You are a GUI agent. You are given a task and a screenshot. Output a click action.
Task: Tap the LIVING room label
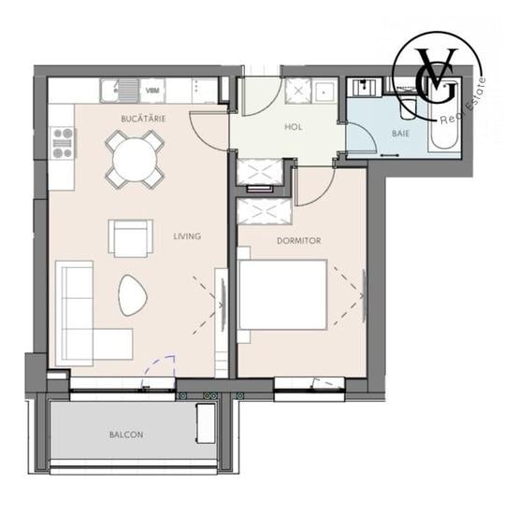pos(187,236)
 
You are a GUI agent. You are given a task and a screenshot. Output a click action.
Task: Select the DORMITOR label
pos(298,240)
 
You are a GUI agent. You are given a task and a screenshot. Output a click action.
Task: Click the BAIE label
pos(400,135)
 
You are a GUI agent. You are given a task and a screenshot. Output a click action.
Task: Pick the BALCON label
pos(126,434)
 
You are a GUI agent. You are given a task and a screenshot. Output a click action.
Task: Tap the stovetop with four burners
pos(63,144)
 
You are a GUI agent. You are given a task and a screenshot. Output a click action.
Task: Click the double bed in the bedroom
pos(282,294)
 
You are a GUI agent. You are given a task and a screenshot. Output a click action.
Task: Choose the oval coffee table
pos(132,296)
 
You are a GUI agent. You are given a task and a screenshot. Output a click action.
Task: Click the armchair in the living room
pos(130,237)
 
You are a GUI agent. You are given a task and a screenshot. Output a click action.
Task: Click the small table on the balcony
pos(205,423)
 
